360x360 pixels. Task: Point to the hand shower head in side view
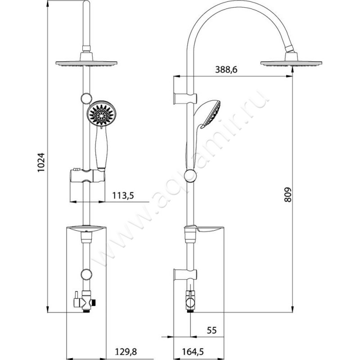210,114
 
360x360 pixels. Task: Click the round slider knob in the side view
190,175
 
